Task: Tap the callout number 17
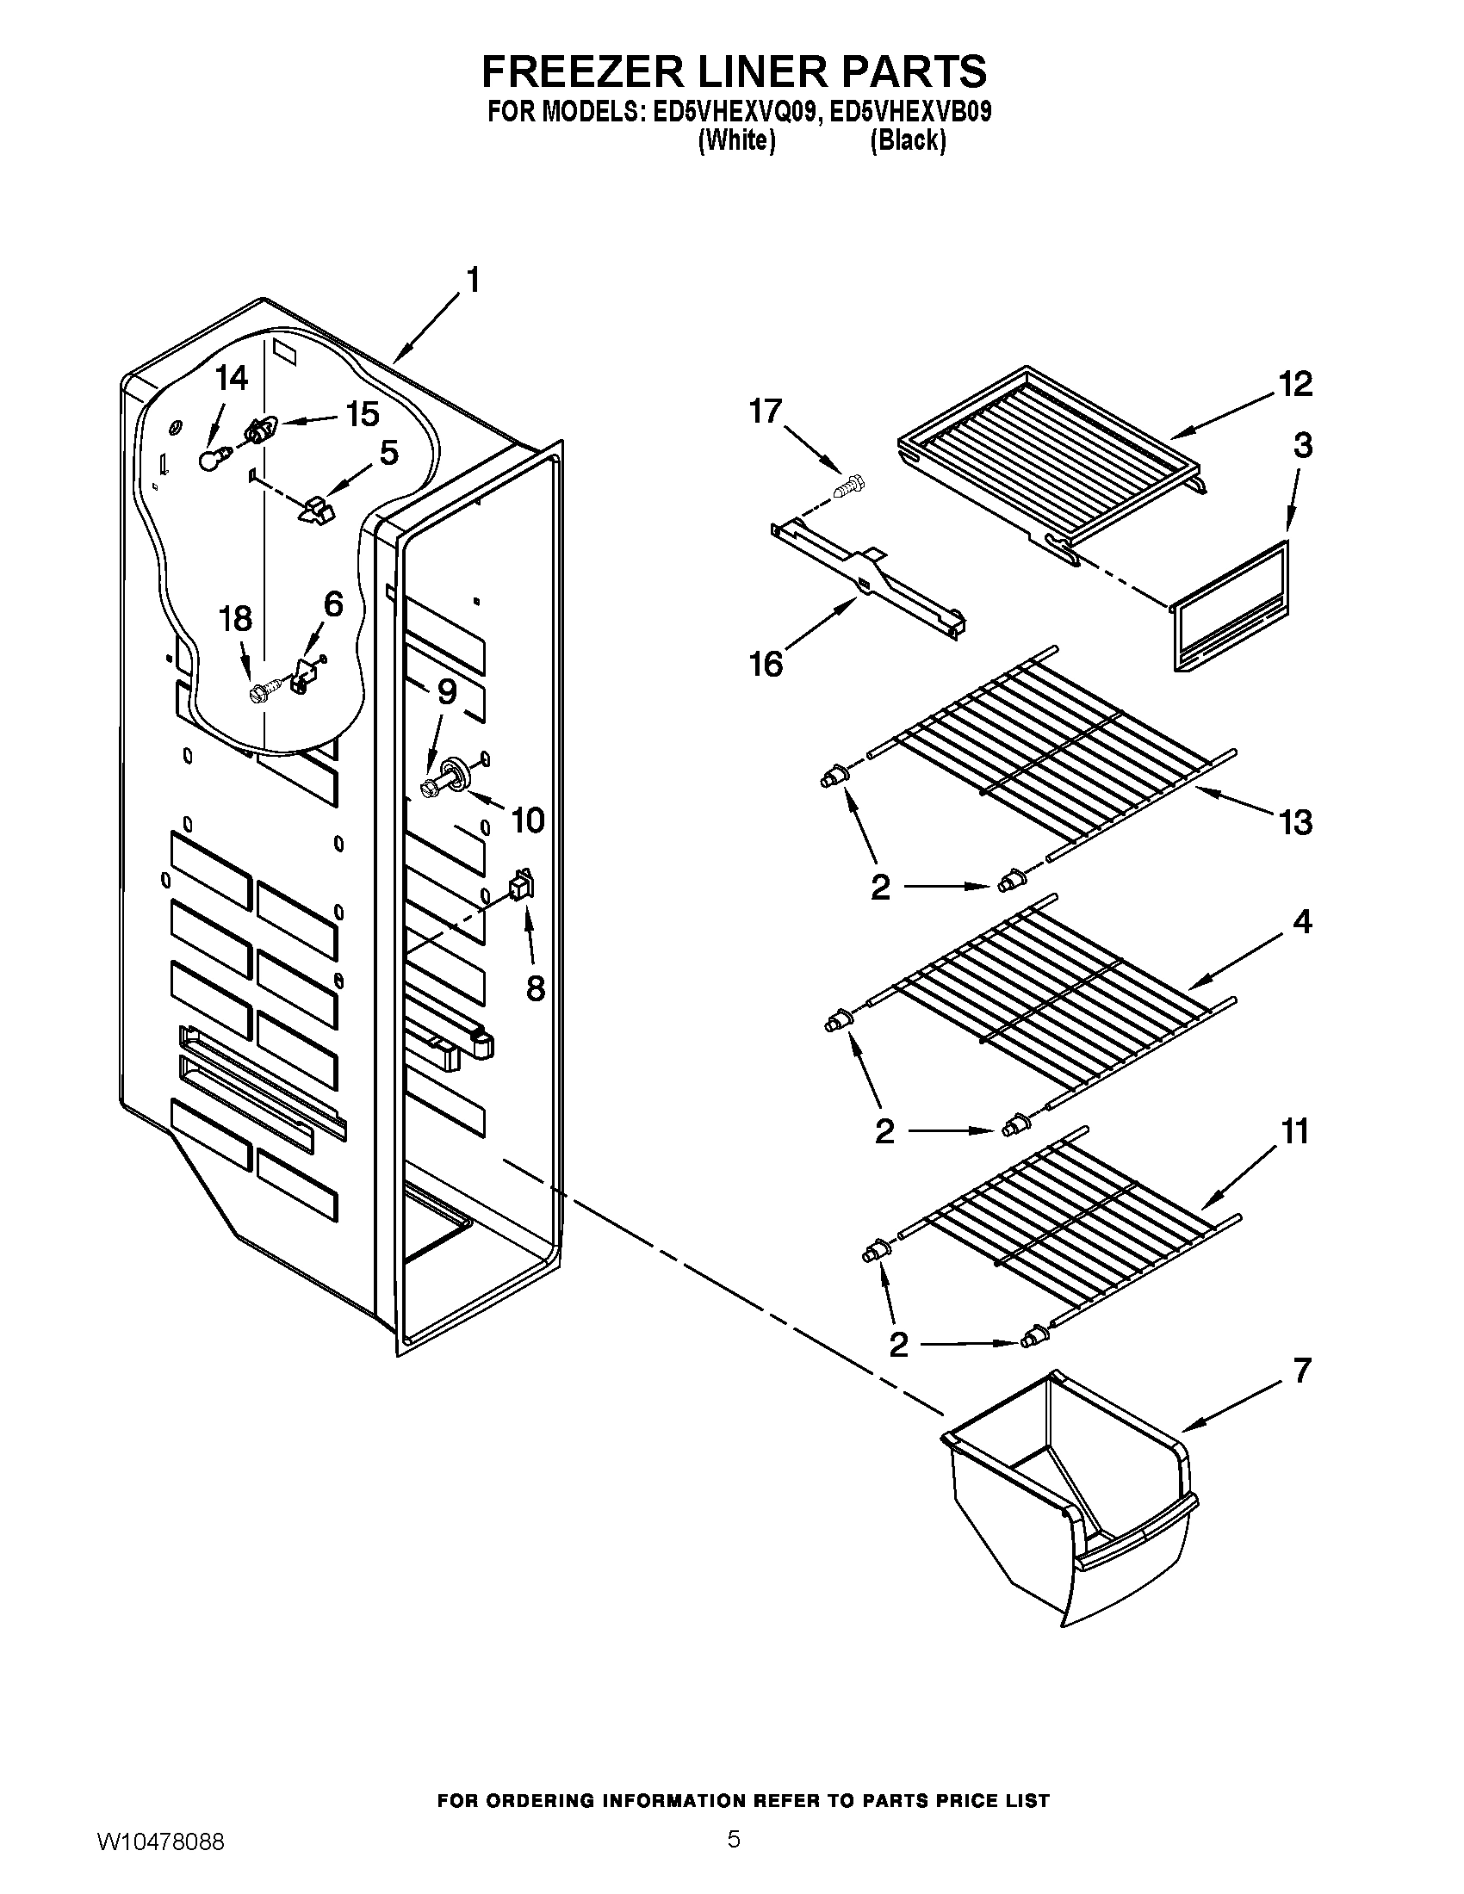coord(766,410)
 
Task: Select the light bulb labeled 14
coord(209,461)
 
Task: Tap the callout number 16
coord(766,664)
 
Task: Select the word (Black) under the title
coord(908,140)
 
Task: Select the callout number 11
coord(1294,1132)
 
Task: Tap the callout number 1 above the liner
coord(474,282)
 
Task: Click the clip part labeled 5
coord(317,510)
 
